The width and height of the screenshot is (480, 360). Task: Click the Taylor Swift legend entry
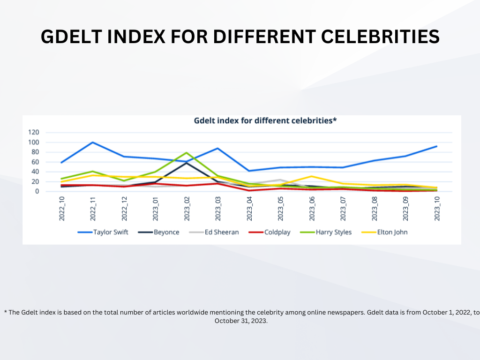(x=103, y=232)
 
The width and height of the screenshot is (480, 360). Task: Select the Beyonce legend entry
(x=158, y=232)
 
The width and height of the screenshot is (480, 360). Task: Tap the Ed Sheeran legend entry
(x=214, y=232)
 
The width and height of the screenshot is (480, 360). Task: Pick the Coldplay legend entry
(x=270, y=232)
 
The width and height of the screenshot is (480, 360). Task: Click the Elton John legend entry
(x=384, y=232)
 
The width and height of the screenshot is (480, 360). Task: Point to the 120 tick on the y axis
(x=34, y=132)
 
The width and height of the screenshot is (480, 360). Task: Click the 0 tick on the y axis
(x=37, y=191)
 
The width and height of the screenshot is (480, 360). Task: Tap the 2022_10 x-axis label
(x=62, y=209)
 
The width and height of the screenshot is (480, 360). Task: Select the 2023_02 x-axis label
(x=187, y=209)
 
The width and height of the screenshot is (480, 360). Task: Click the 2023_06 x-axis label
(x=312, y=209)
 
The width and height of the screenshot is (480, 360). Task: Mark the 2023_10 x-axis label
(x=437, y=209)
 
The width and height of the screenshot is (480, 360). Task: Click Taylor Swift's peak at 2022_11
(x=93, y=142)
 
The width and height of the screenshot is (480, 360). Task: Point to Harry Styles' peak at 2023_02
(x=187, y=152)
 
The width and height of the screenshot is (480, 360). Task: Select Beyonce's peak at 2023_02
(x=187, y=163)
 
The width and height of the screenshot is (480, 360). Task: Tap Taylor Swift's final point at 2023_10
(x=436, y=146)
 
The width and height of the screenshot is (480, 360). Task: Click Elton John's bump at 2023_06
(x=312, y=176)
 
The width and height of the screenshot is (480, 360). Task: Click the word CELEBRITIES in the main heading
(x=380, y=37)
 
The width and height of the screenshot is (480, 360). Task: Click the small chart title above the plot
(x=265, y=120)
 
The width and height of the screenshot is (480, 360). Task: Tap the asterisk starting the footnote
(x=6, y=312)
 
